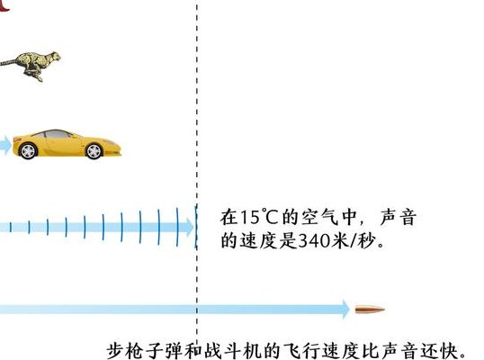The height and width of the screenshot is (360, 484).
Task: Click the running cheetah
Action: tap(31, 66)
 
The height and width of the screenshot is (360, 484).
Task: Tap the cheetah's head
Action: tap(55, 57)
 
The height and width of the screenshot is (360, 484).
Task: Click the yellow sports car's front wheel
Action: tap(94, 151)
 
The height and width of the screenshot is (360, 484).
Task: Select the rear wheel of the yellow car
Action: tap(28, 150)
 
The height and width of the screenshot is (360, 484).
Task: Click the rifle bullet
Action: tap(370, 309)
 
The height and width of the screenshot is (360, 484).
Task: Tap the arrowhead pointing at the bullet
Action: tap(345, 309)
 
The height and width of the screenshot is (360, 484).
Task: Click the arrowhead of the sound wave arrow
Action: tap(190, 228)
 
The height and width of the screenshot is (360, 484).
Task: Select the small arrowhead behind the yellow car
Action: tap(6, 146)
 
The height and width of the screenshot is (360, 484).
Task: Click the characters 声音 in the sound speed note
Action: tap(399, 217)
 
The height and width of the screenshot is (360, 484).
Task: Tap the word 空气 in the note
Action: tap(320, 217)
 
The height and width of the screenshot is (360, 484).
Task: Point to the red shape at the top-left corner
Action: tap(4, 6)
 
